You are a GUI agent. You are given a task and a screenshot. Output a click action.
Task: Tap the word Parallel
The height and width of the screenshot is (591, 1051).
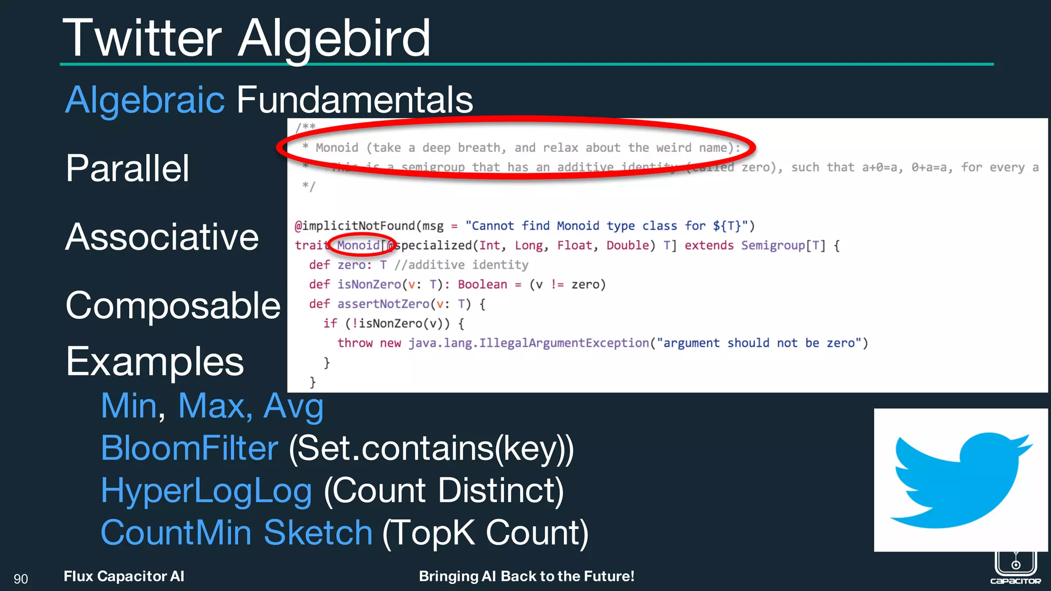(x=127, y=168)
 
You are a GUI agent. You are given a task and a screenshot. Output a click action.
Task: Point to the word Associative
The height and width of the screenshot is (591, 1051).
(x=162, y=237)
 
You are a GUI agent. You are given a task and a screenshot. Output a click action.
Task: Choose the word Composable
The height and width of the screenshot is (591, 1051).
(x=173, y=306)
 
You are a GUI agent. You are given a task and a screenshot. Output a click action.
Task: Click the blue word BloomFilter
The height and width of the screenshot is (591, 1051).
(x=189, y=448)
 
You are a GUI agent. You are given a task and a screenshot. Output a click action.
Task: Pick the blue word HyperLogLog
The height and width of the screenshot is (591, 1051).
(x=206, y=490)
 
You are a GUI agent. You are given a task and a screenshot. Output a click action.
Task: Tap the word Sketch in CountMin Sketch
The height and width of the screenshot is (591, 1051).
(x=318, y=533)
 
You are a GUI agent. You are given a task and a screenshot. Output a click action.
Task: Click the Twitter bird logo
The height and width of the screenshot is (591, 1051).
(x=960, y=480)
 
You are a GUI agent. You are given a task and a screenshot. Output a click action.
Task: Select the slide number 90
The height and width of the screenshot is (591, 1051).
(x=21, y=579)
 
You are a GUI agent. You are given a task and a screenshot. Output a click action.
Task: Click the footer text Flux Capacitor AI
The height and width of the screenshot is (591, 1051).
(x=124, y=577)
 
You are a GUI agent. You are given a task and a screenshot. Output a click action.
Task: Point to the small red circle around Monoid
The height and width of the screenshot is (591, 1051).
(x=361, y=245)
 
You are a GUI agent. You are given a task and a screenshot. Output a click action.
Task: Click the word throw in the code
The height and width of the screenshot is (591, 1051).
(x=355, y=343)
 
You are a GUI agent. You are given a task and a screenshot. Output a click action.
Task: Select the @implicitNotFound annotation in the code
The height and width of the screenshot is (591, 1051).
(x=355, y=226)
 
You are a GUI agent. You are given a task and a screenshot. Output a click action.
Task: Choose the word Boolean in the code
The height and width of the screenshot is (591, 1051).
(x=482, y=284)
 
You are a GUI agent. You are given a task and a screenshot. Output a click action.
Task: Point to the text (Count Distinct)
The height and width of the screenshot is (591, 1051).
(x=444, y=490)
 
